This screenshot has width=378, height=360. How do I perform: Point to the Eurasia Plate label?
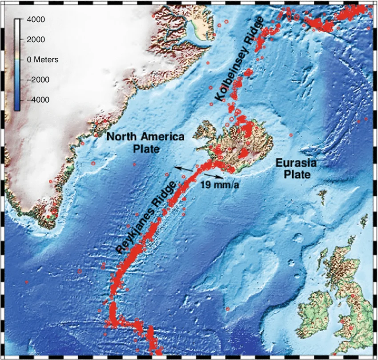tap(296, 168)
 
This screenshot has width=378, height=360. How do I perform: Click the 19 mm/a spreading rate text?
tap(220, 184)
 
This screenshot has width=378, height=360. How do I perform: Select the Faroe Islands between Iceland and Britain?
tap(322, 194)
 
